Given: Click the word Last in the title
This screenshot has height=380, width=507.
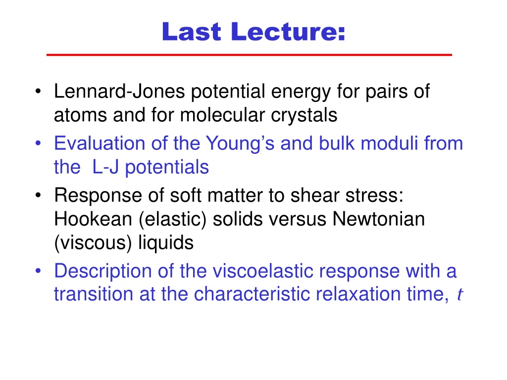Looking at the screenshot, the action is point(192,31).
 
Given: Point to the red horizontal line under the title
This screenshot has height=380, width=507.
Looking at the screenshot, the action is point(249,55).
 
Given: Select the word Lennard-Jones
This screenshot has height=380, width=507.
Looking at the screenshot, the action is point(119,91).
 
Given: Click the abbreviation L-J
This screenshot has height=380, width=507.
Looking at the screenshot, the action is point(105,167).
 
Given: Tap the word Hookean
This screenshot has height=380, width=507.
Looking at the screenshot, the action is point(93,219).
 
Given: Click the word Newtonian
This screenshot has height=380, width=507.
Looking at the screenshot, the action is point(378,219).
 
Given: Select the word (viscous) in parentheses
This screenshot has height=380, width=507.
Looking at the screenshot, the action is point(93,243).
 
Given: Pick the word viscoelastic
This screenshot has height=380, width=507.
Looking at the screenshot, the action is point(263,271).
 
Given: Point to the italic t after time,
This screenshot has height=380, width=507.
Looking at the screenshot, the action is point(460,295).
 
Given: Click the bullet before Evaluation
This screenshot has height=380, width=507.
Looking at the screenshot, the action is point(38,143).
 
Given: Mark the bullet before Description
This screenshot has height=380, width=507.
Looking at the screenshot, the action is point(38,271).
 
